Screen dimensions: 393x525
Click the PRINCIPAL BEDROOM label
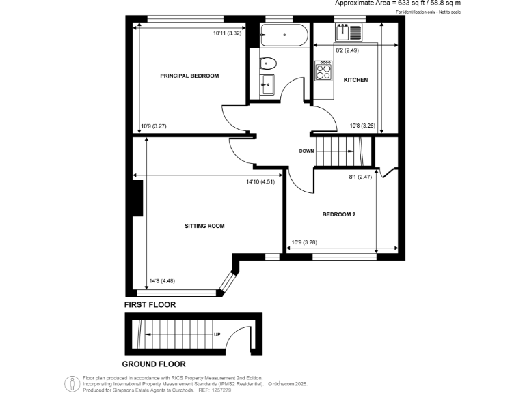click(189, 75)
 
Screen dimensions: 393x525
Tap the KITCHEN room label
click(355, 80)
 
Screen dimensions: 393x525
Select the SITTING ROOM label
click(204, 225)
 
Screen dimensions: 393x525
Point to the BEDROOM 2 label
click(339, 215)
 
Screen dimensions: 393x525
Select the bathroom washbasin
click(267, 85)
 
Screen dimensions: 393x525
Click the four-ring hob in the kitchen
click(323, 71)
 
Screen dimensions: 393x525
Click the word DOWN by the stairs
click(306, 151)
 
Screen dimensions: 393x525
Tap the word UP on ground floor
click(217, 334)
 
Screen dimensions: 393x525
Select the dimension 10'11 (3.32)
click(228, 33)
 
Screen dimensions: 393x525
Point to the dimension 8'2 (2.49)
click(347, 50)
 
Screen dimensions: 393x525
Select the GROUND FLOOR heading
click(154, 364)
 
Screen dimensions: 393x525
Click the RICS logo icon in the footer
click(72, 383)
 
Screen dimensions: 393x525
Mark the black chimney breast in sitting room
click(137, 198)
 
